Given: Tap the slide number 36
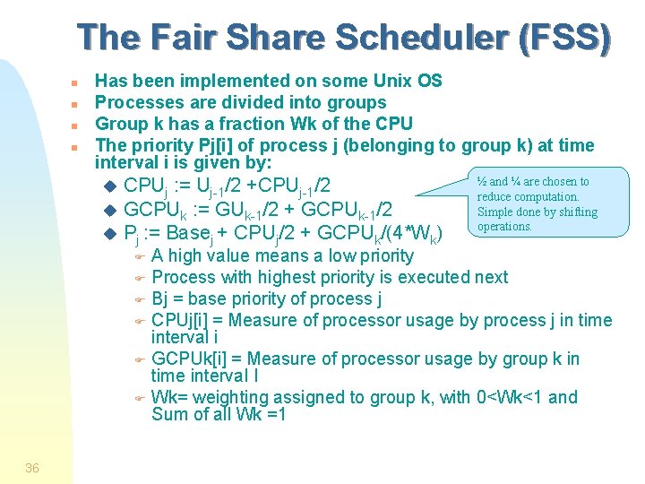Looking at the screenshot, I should (32, 468).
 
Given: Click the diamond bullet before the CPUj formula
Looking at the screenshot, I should (110, 186).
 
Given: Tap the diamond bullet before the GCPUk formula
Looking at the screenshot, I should (110, 210).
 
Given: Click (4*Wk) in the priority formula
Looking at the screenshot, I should (413, 234).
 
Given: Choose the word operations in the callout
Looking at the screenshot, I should (505, 227).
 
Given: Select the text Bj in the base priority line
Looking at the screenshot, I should (161, 298).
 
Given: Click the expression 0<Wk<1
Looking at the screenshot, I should (502, 397).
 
